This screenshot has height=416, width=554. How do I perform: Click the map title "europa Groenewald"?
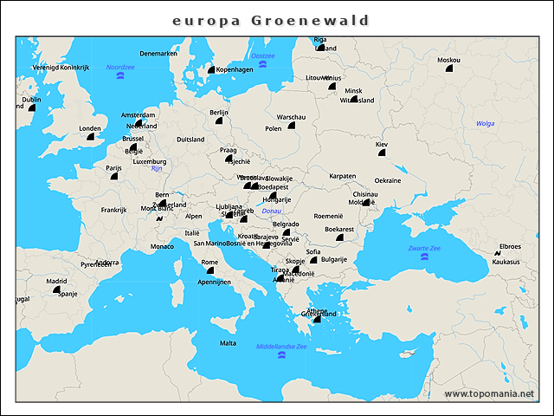(x=270, y=20)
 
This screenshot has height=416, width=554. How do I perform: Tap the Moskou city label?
(x=449, y=60)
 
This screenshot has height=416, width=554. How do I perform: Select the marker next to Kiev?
(x=382, y=153)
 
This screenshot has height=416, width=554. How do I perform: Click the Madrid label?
(x=56, y=281)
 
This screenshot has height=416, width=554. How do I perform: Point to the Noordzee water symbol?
(x=120, y=76)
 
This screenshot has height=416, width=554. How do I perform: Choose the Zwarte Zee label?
(x=424, y=248)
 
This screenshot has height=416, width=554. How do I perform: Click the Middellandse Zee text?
(x=281, y=347)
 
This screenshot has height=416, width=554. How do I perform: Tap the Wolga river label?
(x=485, y=123)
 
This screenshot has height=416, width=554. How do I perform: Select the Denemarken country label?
(x=158, y=53)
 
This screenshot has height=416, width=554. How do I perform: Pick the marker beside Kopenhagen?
(x=210, y=70)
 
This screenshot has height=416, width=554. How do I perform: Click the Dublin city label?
(x=31, y=99)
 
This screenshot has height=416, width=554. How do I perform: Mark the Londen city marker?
(x=90, y=136)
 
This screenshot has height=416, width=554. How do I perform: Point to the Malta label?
(x=228, y=343)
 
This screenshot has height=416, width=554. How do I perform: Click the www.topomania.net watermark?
(x=489, y=394)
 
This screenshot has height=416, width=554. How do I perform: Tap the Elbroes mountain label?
(x=511, y=246)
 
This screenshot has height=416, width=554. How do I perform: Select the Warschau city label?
(x=291, y=116)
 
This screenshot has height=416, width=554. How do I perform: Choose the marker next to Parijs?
(x=113, y=176)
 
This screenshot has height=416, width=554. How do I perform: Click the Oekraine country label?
(x=388, y=180)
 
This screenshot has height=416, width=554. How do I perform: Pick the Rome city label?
(x=209, y=262)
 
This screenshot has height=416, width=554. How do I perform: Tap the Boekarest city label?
(x=339, y=229)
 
